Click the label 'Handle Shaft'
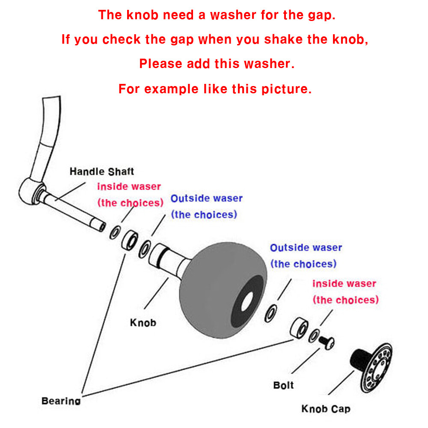101,172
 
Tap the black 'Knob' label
143,322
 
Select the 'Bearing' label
61,401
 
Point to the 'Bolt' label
283,385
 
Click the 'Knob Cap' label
325,409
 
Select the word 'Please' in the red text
161,64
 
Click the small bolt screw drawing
327,341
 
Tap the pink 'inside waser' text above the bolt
344,284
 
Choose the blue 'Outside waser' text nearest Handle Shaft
206,199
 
